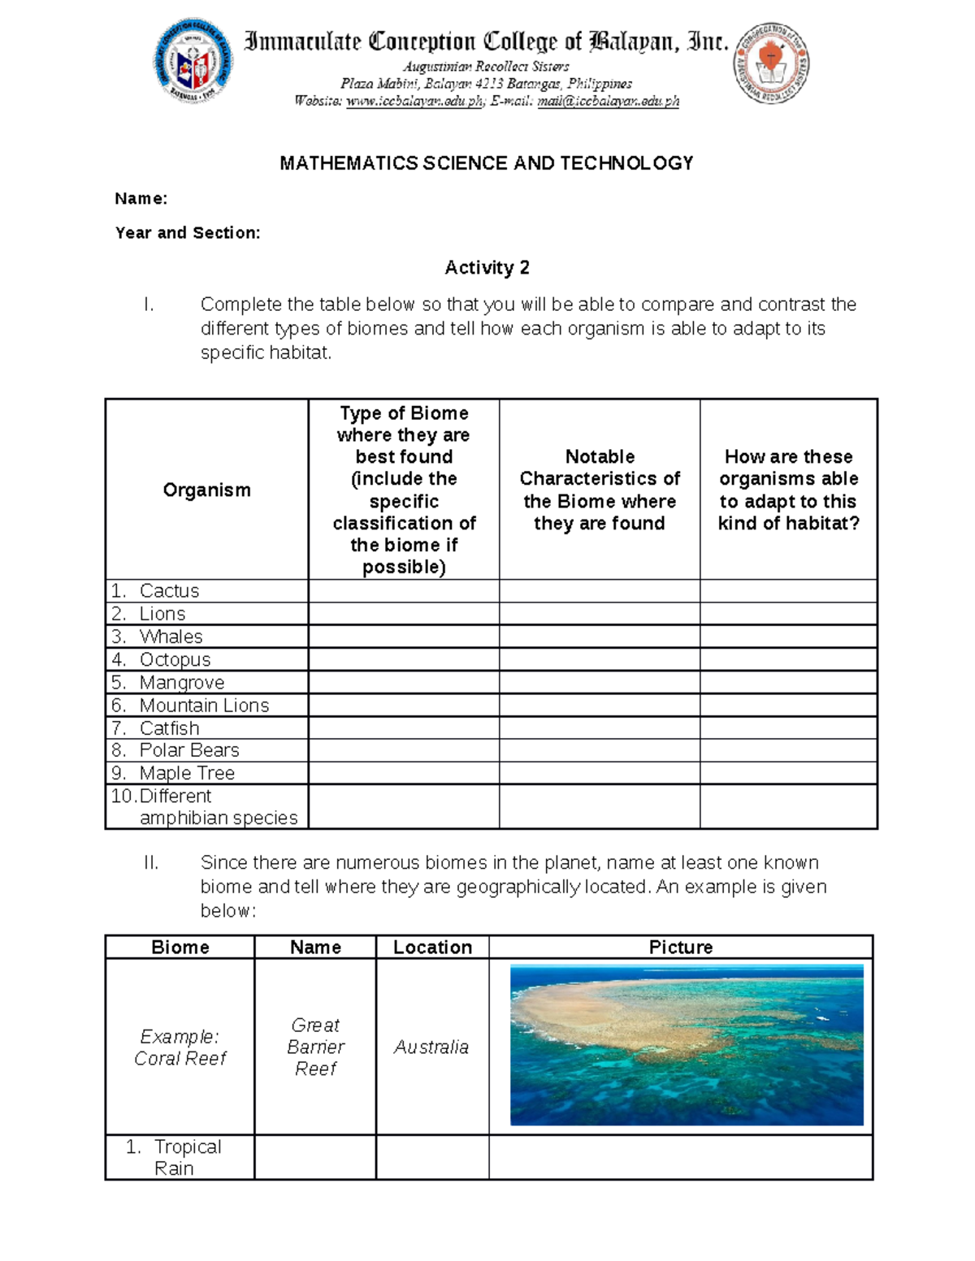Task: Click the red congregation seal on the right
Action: (x=771, y=63)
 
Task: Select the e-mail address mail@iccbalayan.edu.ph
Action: (x=608, y=101)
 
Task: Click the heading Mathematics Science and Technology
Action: (x=486, y=163)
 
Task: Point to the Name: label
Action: (x=141, y=199)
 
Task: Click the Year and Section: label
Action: (x=188, y=233)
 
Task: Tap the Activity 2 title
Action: (x=487, y=268)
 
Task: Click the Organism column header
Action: (x=206, y=490)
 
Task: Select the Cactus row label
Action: (x=168, y=591)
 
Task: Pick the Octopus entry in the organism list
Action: (x=175, y=659)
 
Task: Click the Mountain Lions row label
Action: (x=203, y=706)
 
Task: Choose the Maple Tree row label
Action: (x=186, y=773)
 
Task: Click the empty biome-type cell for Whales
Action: (x=403, y=637)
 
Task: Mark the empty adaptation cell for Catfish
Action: (x=788, y=728)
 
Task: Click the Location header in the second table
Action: (x=432, y=948)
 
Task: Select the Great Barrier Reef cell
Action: (x=315, y=1047)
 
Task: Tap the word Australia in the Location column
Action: (x=431, y=1047)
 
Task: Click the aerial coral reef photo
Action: (x=686, y=1045)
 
